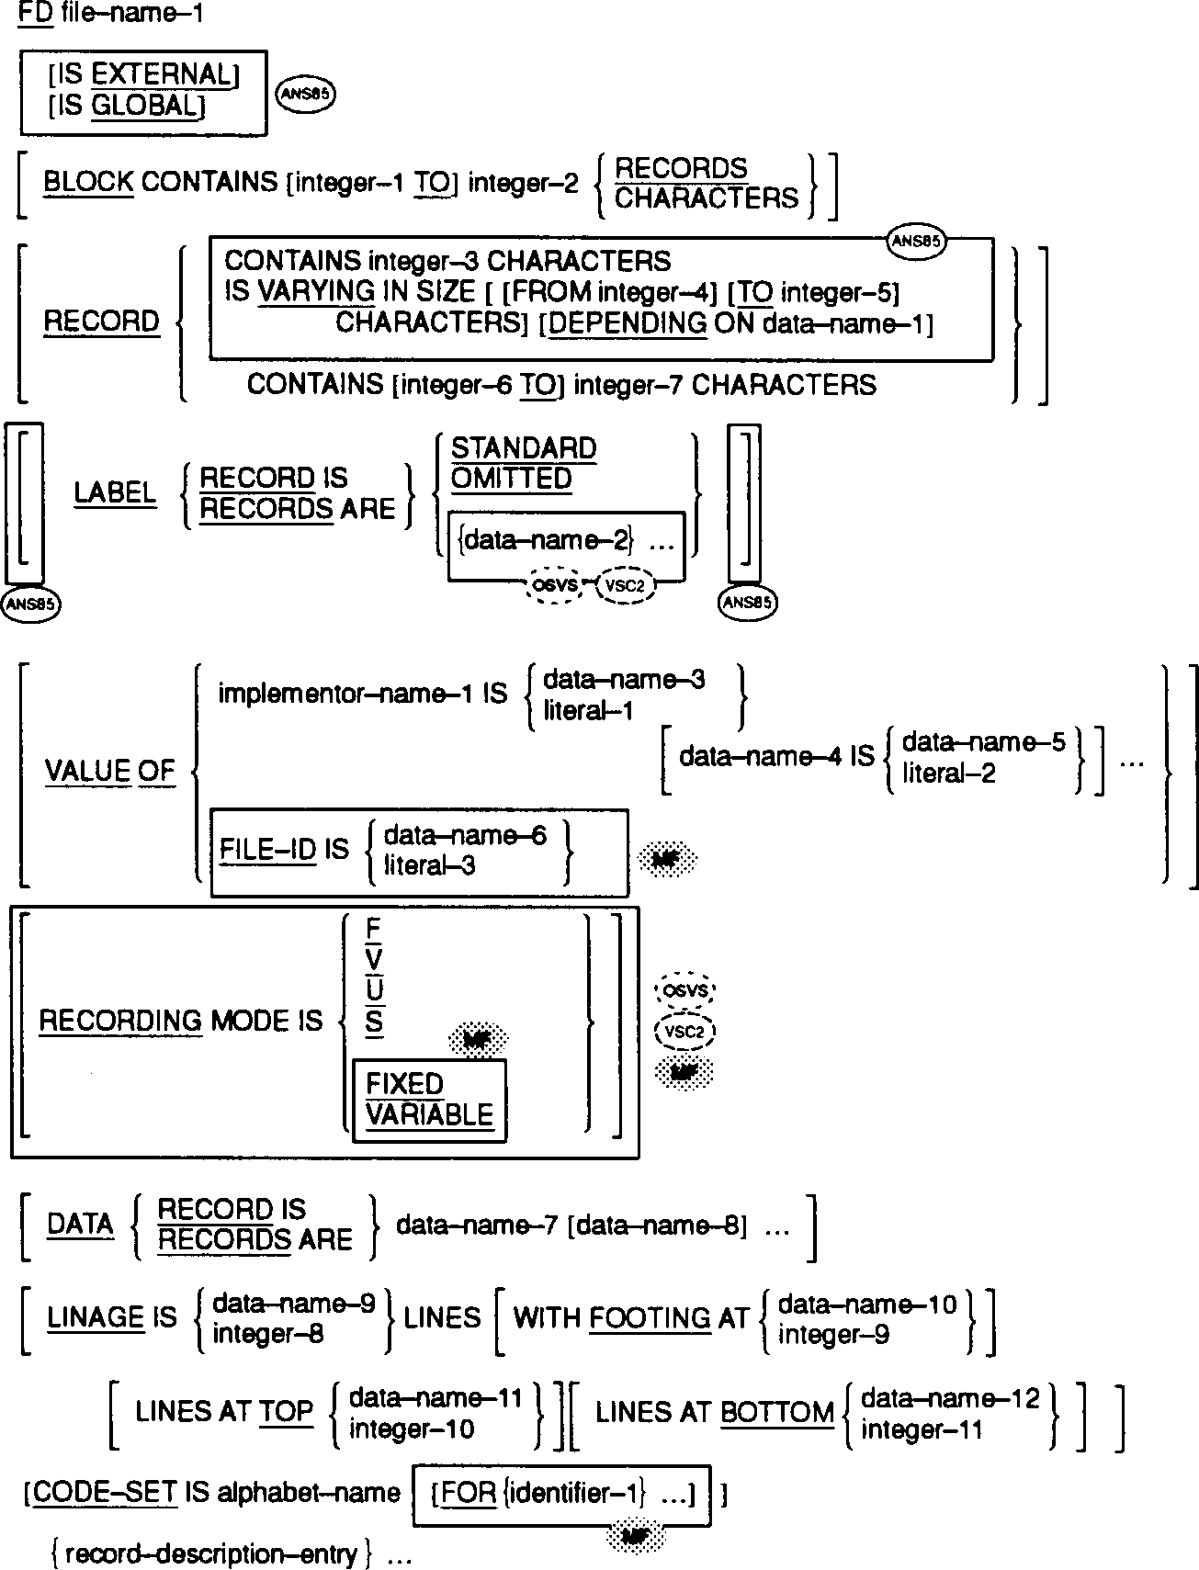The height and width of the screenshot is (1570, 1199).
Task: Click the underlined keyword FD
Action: [35, 14]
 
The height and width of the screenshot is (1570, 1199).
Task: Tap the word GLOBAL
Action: [144, 106]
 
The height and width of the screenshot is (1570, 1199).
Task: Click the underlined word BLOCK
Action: [88, 182]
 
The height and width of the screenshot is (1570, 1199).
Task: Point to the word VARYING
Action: [315, 292]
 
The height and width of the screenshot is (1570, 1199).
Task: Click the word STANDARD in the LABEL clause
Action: [524, 448]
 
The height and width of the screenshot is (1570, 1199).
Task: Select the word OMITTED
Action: [511, 479]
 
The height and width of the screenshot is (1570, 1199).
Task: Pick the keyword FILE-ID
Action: [267, 850]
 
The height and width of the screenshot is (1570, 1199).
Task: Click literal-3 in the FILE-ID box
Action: [429, 864]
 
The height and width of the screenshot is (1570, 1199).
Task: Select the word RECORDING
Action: [119, 1021]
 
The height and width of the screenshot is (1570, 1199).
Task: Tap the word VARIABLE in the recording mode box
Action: [429, 1114]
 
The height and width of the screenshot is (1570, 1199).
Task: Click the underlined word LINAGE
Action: [96, 1317]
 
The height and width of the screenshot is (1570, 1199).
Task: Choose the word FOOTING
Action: [649, 1318]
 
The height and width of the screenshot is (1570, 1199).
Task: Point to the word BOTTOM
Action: [776, 1412]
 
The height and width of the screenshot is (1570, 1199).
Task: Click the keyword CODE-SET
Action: [103, 1493]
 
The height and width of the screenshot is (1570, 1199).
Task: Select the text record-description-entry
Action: [211, 1553]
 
